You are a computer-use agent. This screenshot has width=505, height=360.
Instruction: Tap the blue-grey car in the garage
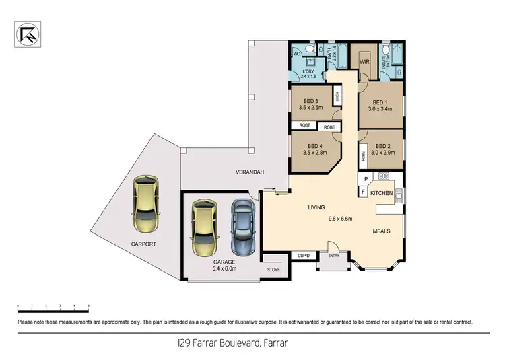(243, 227)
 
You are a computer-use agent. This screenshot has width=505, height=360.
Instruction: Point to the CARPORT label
(144, 244)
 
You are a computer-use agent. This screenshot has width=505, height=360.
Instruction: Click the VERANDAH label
(249, 172)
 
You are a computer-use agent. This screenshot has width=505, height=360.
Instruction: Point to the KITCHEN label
(381, 193)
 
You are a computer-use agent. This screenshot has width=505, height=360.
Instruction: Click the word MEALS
(381, 231)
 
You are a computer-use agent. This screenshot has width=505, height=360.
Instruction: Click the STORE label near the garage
(273, 271)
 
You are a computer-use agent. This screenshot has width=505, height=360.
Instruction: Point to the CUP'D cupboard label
(303, 256)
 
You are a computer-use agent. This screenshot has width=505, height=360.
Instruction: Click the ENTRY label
(334, 256)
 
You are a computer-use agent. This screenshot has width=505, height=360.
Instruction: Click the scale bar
(53, 309)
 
